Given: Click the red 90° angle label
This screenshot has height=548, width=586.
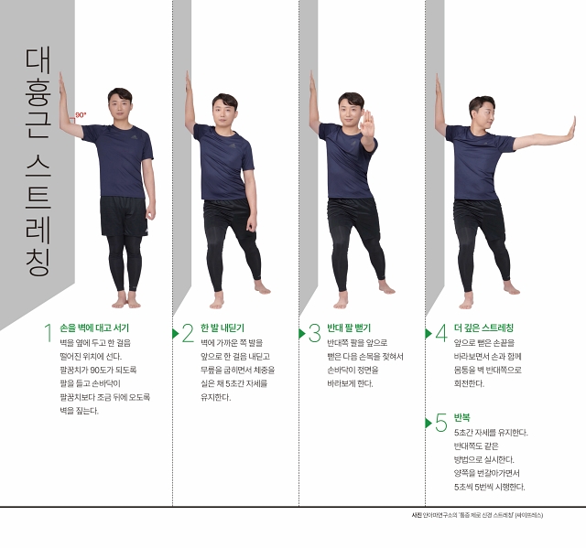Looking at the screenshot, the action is click(81, 115).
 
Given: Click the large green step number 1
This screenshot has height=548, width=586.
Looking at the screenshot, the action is click(48, 333).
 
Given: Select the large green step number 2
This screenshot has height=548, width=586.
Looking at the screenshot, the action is click(188, 333).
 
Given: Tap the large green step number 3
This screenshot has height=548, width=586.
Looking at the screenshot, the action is click(314, 333).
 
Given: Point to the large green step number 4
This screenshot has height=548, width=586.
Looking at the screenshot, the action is click(441, 333).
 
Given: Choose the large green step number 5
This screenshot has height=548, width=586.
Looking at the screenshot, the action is click(441, 423).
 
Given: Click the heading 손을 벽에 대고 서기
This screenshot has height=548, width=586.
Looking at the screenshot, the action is click(94, 328).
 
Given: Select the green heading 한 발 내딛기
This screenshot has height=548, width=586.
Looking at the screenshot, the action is click(222, 328).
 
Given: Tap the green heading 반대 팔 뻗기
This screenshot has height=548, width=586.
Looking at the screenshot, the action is click(349, 328).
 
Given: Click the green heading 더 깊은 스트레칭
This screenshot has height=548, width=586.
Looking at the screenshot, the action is click(484, 328).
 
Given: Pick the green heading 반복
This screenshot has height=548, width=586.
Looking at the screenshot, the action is click(461, 418).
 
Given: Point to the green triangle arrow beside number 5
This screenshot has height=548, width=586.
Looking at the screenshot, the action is click(429, 423).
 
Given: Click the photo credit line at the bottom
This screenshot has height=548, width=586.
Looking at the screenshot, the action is click(477, 515).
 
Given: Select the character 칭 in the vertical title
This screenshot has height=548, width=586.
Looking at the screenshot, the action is click(38, 263).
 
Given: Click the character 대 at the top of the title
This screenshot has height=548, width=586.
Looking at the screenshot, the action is click(38, 60).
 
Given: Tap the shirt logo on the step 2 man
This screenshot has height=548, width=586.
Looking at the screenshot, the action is click(233, 145).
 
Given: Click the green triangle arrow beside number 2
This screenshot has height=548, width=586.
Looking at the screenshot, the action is click(175, 333).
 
